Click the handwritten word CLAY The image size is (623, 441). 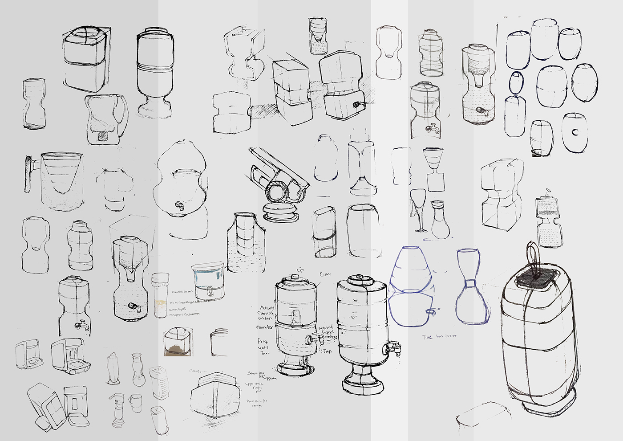325,274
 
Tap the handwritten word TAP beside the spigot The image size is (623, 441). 328,351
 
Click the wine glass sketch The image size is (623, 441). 418,209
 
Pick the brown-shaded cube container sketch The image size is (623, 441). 178,342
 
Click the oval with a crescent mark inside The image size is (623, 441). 574,132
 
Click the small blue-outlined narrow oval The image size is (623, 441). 516,82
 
